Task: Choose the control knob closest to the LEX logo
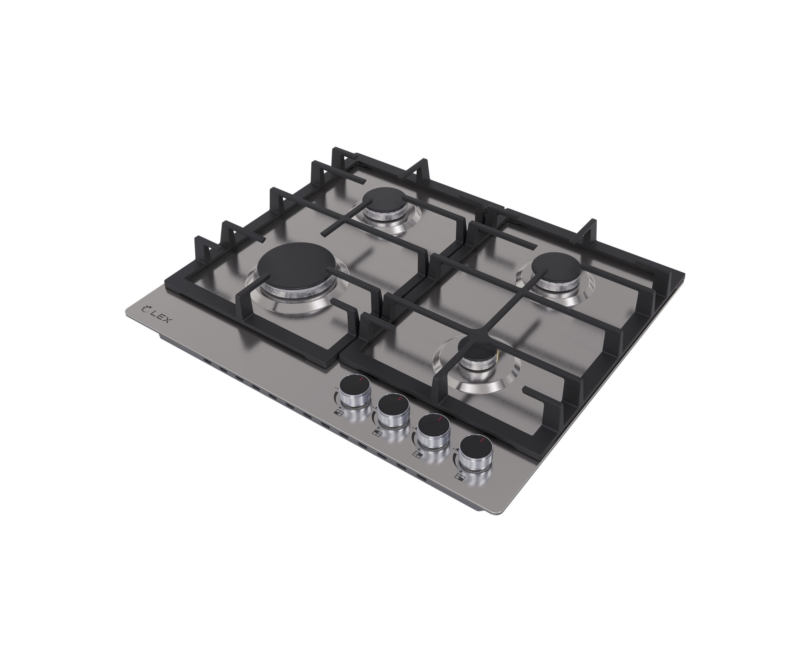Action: (x=355, y=392)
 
